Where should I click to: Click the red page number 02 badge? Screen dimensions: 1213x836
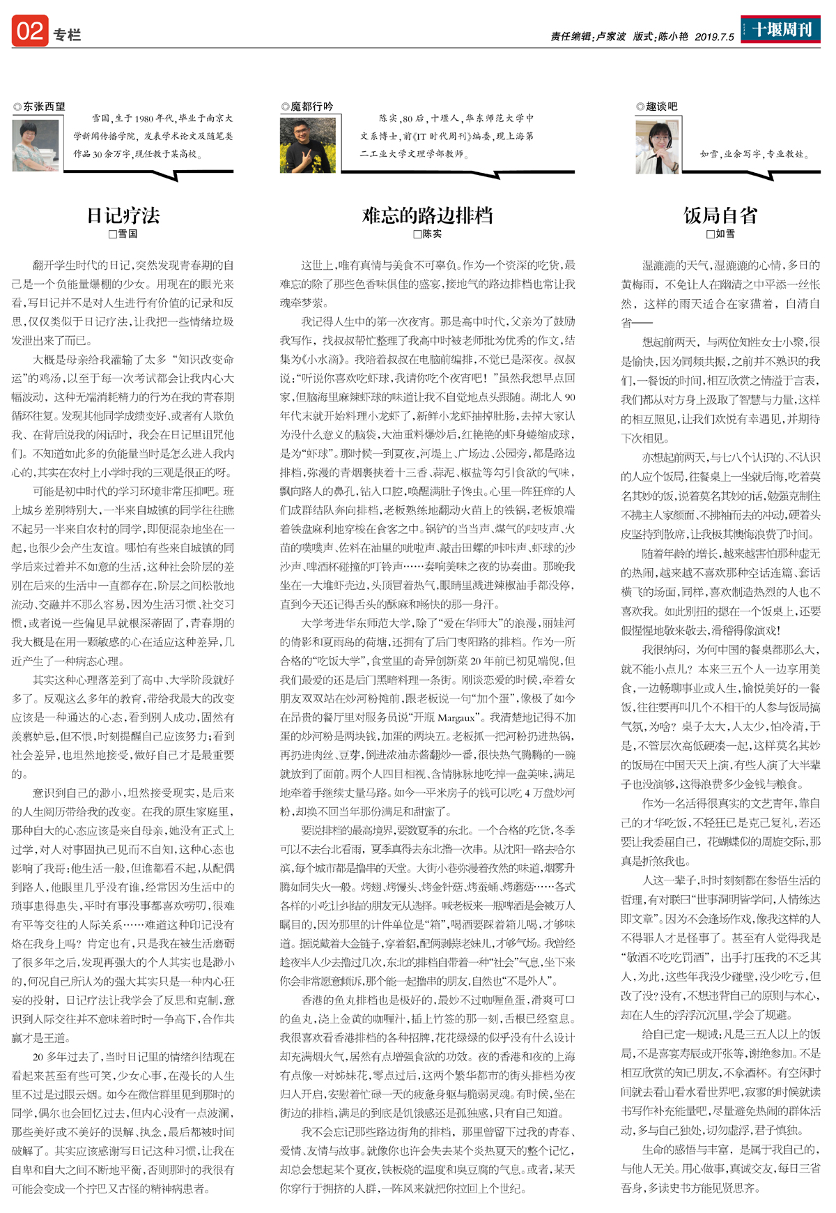click(x=30, y=31)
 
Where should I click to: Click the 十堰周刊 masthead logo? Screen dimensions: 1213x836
click(x=780, y=30)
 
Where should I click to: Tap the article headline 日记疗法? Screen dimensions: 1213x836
click(x=123, y=215)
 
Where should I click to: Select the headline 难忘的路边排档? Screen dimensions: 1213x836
click(x=427, y=215)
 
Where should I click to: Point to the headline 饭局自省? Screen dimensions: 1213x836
click(x=720, y=215)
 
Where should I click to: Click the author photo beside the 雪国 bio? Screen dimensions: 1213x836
click(x=36, y=145)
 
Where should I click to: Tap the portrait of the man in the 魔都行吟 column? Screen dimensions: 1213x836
click(x=307, y=145)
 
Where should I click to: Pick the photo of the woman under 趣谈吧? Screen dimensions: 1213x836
click(x=657, y=146)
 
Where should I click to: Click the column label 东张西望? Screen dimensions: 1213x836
click(x=43, y=107)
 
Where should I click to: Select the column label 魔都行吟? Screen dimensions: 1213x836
click(x=311, y=107)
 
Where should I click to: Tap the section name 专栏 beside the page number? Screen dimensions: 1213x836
click(x=67, y=35)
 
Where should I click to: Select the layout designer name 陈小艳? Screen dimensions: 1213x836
click(x=673, y=37)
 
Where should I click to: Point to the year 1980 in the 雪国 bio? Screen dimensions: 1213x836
click(x=144, y=119)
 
